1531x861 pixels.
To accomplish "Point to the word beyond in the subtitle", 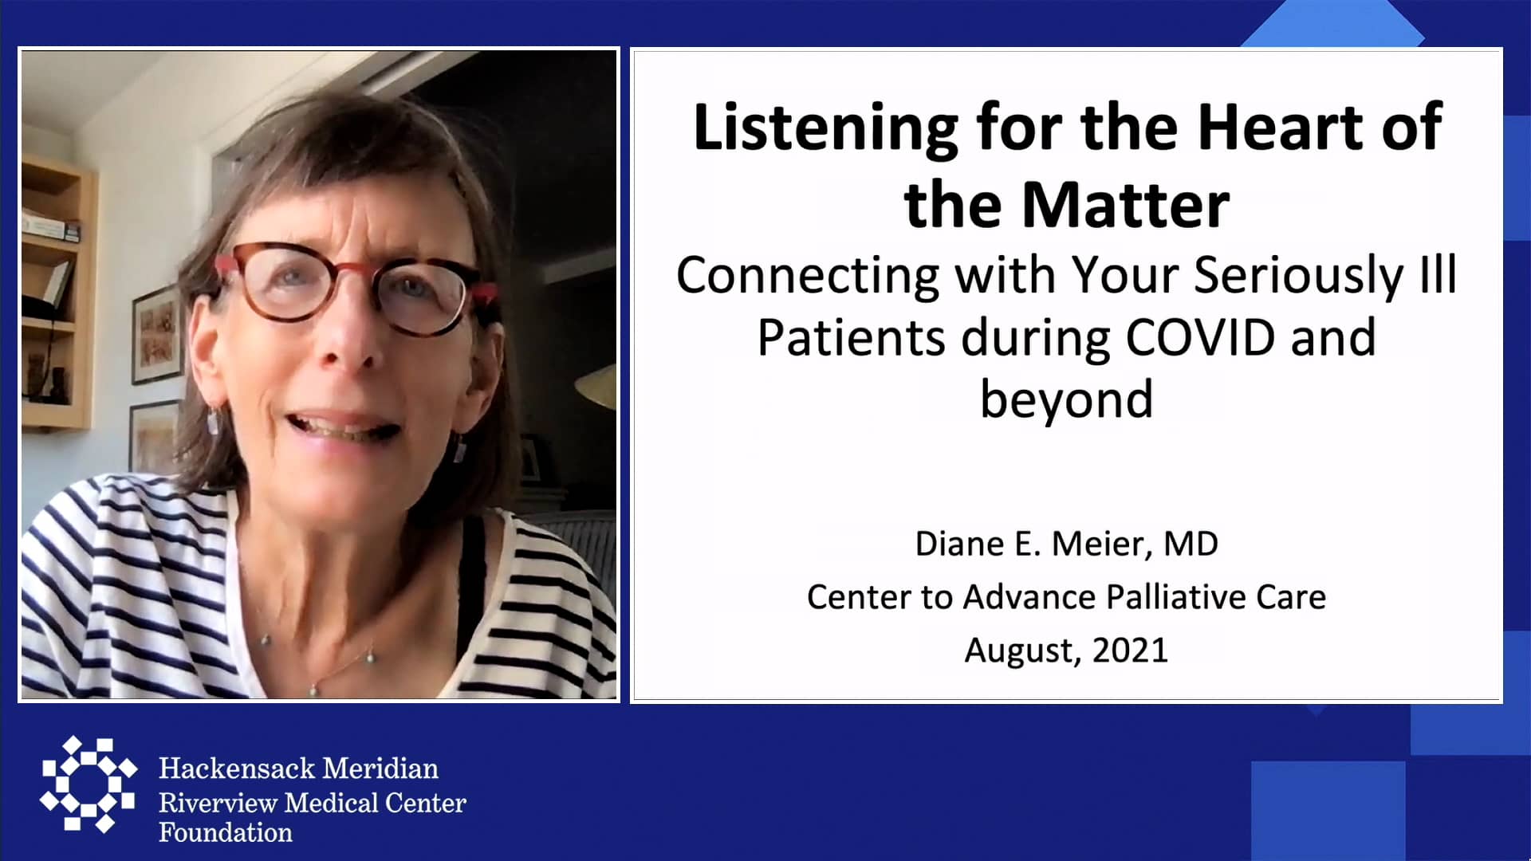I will [x=1066, y=399].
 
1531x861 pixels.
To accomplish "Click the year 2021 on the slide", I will [x=1130, y=651].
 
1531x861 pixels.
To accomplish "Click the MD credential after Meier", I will [x=1191, y=545].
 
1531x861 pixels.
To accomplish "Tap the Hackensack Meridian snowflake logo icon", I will [x=88, y=784].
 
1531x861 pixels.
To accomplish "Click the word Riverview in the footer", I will [x=218, y=803].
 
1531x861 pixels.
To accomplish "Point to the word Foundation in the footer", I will [x=226, y=833].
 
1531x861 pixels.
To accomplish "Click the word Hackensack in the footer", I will [x=236, y=769].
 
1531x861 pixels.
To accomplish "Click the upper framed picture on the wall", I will [x=157, y=335].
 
